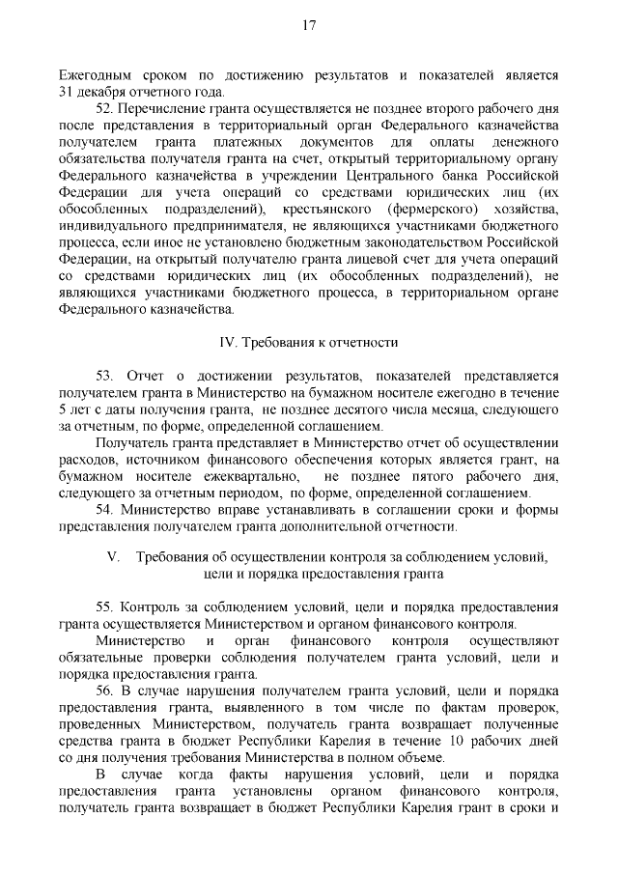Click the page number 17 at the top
click(x=308, y=26)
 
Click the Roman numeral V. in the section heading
click(x=113, y=557)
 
